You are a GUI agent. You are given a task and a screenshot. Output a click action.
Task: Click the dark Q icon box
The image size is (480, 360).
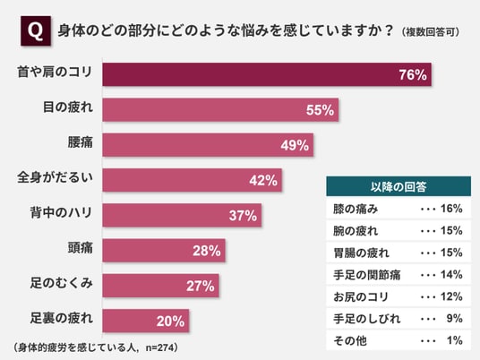(x=36, y=31)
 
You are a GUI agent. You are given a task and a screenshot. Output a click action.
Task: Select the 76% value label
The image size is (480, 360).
(x=413, y=74)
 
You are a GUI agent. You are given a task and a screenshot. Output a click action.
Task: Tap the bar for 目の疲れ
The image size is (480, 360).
(x=220, y=110)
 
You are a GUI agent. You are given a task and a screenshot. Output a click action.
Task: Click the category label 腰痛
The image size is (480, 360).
(x=81, y=142)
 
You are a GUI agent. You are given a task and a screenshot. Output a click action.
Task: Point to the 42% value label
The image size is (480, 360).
(x=263, y=180)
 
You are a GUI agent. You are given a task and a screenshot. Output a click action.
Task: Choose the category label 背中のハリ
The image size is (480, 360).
(x=61, y=212)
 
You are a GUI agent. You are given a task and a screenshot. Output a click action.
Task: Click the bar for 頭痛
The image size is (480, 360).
(x=164, y=251)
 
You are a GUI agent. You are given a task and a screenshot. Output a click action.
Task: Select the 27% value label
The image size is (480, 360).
(x=201, y=286)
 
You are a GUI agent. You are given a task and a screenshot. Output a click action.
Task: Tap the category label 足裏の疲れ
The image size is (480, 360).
(x=61, y=318)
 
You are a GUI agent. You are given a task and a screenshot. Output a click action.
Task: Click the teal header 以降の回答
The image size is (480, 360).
(x=399, y=186)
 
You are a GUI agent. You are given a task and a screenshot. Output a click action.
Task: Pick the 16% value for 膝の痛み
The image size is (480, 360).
(x=451, y=209)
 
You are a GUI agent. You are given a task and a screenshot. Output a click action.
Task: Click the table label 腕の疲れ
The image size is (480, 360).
(x=356, y=231)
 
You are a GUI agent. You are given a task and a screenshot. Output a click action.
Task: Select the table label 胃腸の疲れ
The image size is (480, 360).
(x=361, y=253)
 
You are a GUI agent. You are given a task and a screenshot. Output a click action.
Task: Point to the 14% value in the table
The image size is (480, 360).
(x=451, y=275)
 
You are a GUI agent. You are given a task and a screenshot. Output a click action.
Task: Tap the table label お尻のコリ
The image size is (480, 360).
(x=361, y=296)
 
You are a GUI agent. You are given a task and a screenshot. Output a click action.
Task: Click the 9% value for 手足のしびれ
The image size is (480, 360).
(x=455, y=319)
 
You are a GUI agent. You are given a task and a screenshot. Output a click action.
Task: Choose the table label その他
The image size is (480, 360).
(x=350, y=340)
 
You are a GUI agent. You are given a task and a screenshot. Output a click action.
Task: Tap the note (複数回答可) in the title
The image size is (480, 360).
(x=431, y=32)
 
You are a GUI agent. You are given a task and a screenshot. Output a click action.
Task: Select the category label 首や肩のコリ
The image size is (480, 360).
(x=55, y=72)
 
